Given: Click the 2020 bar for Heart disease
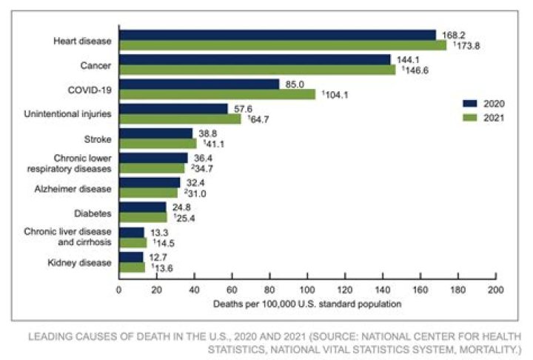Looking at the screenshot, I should point(278,35).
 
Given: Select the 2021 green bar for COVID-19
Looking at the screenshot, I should point(217,94).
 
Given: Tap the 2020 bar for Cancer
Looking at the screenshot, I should point(255,59).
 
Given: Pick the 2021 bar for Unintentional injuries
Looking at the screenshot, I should point(180,119).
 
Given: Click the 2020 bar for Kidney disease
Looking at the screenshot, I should point(131,257).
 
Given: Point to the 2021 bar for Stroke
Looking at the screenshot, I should point(158,143).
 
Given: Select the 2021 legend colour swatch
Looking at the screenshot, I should point(469,117).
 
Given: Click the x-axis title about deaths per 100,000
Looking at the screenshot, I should point(307,303).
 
